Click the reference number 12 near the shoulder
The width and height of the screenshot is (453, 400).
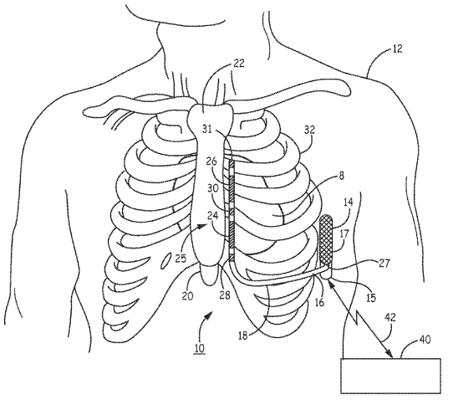pos(397,49)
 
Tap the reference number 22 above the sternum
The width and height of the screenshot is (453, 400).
pos(239,64)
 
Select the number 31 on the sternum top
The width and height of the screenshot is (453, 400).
pos(207,129)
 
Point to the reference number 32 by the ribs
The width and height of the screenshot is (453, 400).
pos(308,130)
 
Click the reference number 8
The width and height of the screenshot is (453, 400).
pos(342,176)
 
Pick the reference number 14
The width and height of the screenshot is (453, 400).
pos(349,202)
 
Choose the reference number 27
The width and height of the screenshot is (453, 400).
pos(384,264)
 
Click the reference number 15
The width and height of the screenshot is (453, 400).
pos(371,297)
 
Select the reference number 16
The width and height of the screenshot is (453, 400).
pos(319,302)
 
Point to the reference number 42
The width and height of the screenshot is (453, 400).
pos(389,317)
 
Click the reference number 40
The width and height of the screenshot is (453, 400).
pos(425,339)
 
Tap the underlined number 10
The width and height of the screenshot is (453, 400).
pos(200,347)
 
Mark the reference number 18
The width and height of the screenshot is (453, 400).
pos(243,336)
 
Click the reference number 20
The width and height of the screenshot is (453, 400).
pos(187,296)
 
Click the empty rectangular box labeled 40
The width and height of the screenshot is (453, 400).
pos(391,376)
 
